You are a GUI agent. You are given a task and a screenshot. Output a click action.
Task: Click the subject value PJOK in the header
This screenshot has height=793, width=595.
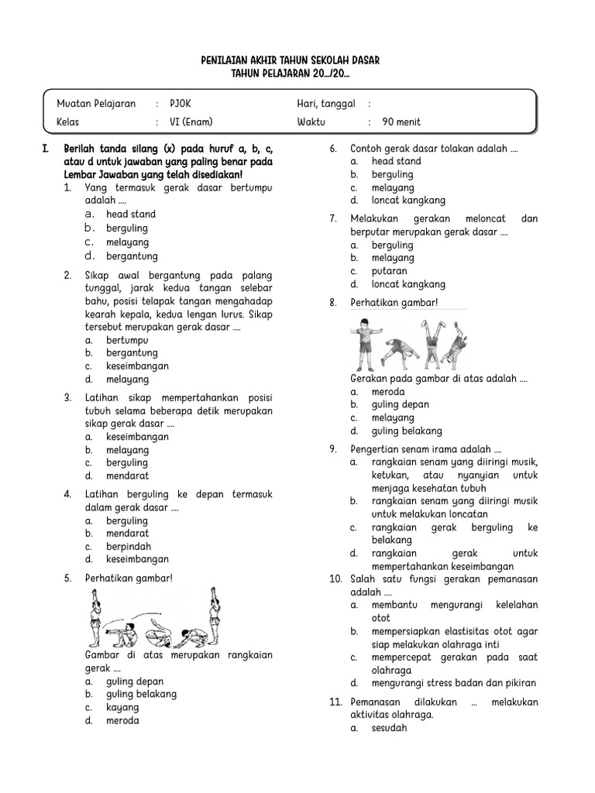pyautogui.click(x=180, y=104)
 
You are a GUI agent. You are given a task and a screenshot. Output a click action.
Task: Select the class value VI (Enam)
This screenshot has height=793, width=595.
pyautogui.click(x=191, y=122)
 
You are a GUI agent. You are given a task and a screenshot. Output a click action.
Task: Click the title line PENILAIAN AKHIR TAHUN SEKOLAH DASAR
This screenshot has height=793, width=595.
pyautogui.click(x=291, y=60)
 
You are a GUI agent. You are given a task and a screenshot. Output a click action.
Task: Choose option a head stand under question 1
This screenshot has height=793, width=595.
pyautogui.click(x=131, y=214)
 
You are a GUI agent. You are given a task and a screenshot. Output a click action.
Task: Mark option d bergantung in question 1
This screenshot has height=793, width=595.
pyautogui.click(x=132, y=256)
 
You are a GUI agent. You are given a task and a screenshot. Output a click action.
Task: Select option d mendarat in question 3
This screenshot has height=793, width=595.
pyautogui.click(x=128, y=475)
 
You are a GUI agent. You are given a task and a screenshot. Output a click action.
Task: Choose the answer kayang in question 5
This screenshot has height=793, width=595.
pyautogui.click(x=122, y=707)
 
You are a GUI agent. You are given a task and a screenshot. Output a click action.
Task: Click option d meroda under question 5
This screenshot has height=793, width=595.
pyautogui.click(x=122, y=720)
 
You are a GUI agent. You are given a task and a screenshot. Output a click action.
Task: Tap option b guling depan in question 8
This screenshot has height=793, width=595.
pyautogui.click(x=400, y=404)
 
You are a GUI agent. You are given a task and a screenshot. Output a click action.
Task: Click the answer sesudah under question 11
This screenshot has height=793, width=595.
pyautogui.click(x=389, y=728)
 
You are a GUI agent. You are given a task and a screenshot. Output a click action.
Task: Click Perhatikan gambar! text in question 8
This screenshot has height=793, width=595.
pyautogui.click(x=394, y=302)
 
